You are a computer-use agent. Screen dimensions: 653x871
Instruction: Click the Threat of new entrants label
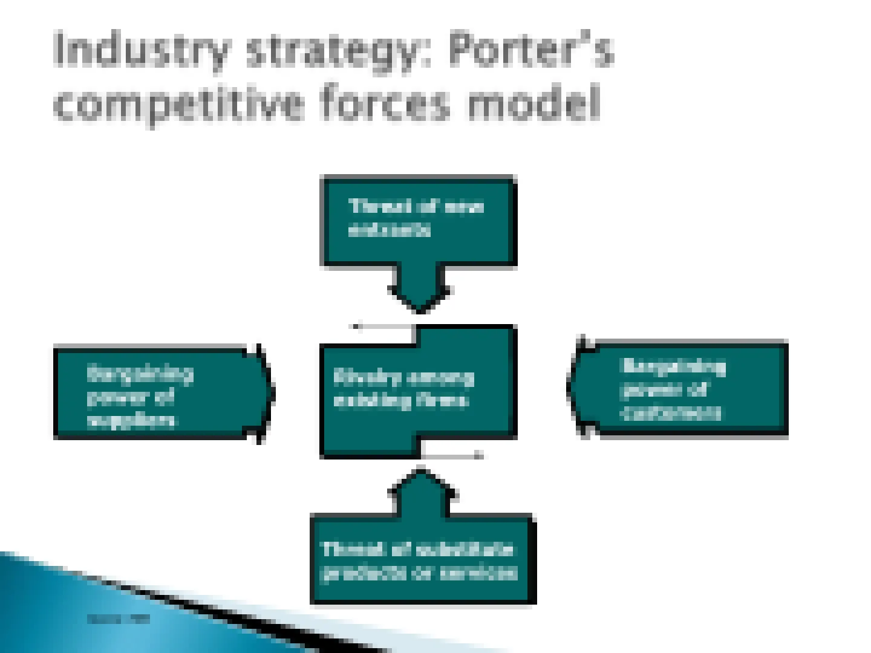[x=416, y=218]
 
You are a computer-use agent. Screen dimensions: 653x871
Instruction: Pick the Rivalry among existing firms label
[x=403, y=389]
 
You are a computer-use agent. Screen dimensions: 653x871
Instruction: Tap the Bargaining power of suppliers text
[x=139, y=396]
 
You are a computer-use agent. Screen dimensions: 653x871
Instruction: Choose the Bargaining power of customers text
[x=673, y=389]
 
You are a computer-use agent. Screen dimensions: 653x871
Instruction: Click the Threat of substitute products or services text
[x=419, y=560]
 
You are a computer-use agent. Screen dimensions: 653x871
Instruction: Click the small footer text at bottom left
[x=118, y=619]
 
